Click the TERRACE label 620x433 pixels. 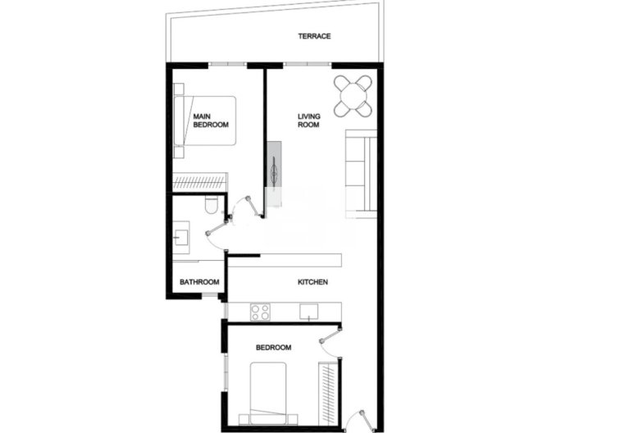pos(314,37)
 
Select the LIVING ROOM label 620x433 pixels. pos(308,121)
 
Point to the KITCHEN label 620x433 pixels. pos(312,282)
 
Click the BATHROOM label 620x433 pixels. pos(200,282)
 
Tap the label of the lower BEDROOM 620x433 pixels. pos(273,348)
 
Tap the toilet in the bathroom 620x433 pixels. pos(211,204)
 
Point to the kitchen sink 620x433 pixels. pos(309,311)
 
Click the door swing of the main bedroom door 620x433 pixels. pos(244,207)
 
